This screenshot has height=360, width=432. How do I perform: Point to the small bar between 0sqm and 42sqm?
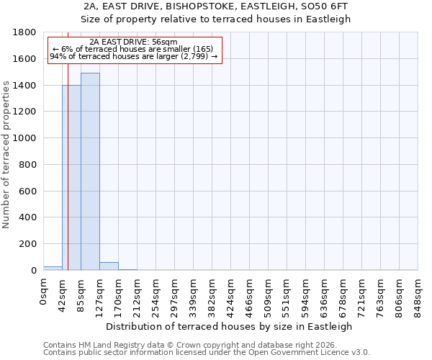tap(53, 268)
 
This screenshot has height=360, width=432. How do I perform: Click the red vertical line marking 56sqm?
tap(68, 180)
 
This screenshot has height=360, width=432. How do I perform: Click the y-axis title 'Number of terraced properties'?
tap(6, 155)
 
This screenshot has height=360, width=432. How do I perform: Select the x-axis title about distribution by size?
tap(230, 326)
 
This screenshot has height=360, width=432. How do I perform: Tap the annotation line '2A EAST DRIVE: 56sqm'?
tap(134, 42)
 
